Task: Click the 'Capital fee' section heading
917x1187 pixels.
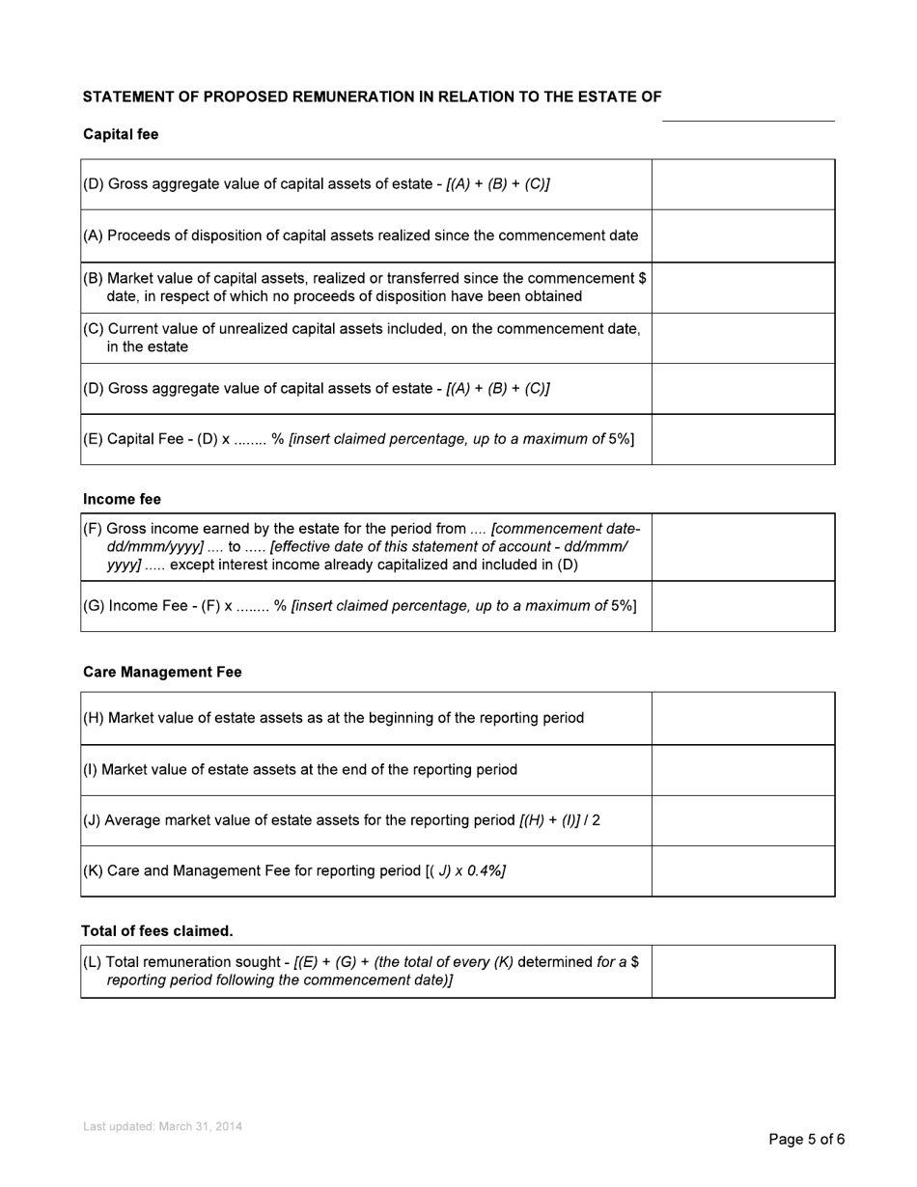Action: click(x=121, y=135)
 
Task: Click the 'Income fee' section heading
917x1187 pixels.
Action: click(x=122, y=499)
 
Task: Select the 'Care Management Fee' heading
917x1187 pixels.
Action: click(x=162, y=672)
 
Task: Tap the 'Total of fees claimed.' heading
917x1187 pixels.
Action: click(x=156, y=930)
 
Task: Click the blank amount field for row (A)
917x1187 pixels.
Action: click(x=742, y=235)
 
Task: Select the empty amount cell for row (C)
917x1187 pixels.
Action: click(x=742, y=338)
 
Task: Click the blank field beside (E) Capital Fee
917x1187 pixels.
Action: click(x=742, y=439)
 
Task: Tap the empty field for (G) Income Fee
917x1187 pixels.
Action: click(x=742, y=606)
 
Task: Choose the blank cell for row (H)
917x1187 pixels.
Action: click(x=742, y=718)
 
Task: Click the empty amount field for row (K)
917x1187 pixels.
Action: click(x=742, y=870)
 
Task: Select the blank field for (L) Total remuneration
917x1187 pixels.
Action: click(x=742, y=971)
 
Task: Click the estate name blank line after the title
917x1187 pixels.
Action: click(x=747, y=111)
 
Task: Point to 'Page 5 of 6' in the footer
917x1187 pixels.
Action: click(x=806, y=1140)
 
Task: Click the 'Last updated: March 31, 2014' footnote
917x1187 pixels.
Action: click(x=162, y=1126)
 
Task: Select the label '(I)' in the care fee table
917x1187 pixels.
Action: click(x=91, y=770)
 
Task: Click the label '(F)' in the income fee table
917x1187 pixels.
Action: click(x=93, y=529)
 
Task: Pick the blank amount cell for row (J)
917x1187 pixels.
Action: click(x=742, y=820)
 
